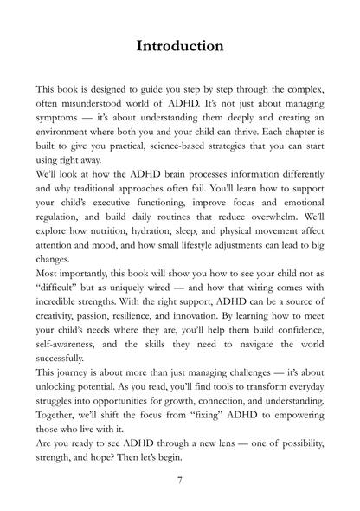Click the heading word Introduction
(180, 45)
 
